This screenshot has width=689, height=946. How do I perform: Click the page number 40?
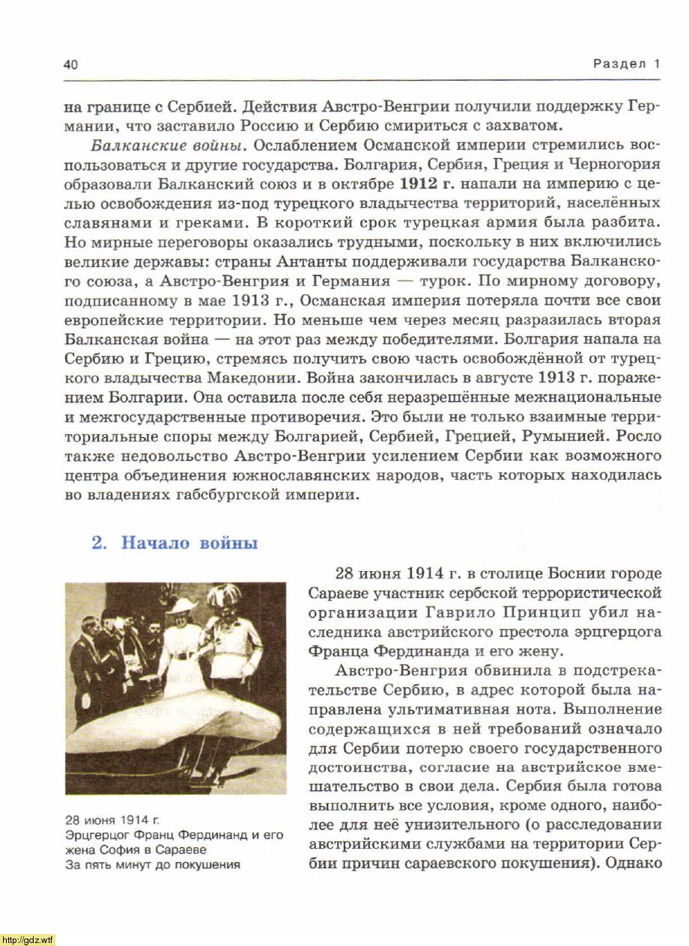tap(71, 64)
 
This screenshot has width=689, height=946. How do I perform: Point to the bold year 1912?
tap(418, 183)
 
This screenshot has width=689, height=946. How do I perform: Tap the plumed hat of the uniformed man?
tap(222, 596)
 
